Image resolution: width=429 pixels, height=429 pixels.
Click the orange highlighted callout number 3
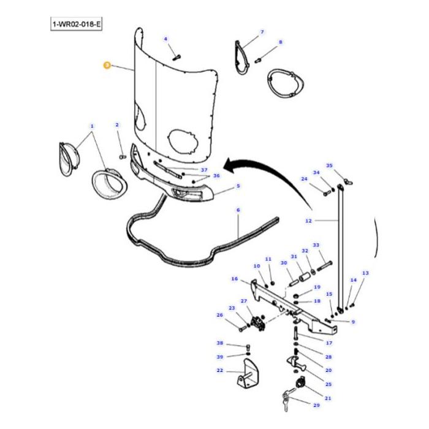click(x=107, y=64)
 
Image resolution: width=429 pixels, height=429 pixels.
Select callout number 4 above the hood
click(x=165, y=39)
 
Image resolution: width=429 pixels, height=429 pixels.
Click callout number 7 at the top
click(x=262, y=32)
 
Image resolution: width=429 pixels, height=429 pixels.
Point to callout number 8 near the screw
click(x=280, y=42)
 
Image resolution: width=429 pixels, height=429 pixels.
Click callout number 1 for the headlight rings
click(x=92, y=127)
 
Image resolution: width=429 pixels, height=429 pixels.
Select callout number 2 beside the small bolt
click(x=116, y=125)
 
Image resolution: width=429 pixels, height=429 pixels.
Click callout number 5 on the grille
click(x=238, y=186)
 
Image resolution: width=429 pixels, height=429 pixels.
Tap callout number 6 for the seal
click(x=238, y=210)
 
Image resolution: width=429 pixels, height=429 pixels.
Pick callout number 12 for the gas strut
click(x=308, y=221)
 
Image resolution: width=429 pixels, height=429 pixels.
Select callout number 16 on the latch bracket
click(x=234, y=279)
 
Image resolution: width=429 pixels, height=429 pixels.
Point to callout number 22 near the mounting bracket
click(x=219, y=371)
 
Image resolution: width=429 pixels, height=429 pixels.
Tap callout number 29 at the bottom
click(x=316, y=406)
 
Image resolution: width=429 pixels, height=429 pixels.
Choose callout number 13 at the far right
click(x=365, y=273)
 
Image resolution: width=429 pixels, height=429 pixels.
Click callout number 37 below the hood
click(x=204, y=170)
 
